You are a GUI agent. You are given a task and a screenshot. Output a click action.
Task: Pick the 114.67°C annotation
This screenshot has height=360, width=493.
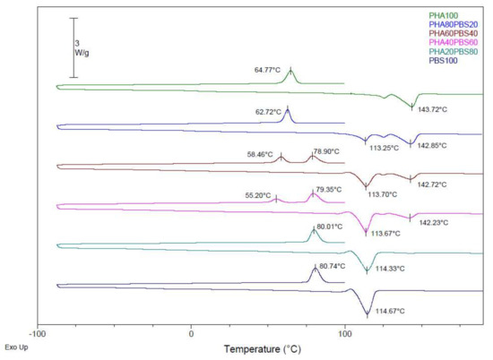pyautogui.click(x=388, y=311)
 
